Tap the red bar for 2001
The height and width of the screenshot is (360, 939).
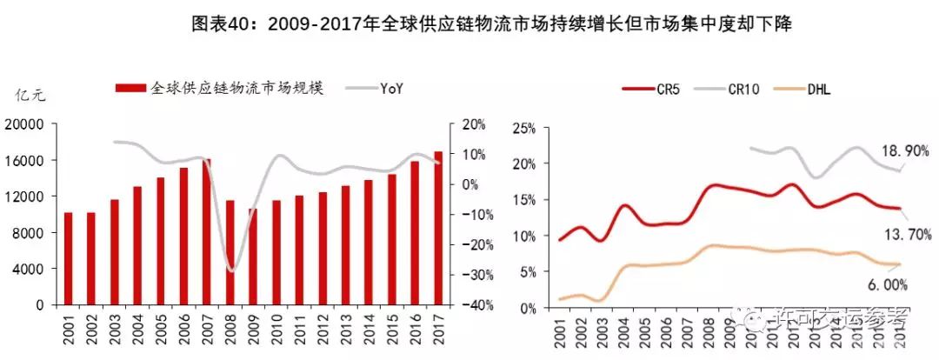click(x=68, y=258)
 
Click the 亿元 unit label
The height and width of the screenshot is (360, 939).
click(x=30, y=96)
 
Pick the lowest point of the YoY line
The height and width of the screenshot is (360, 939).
click(x=231, y=270)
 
